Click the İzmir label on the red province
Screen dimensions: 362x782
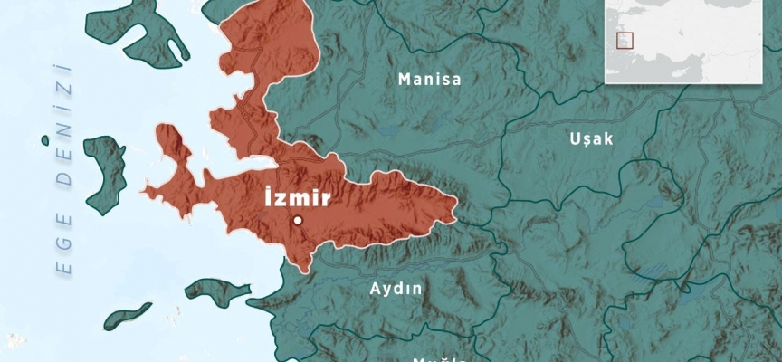click(x=298, y=197)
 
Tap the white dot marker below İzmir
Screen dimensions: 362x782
click(x=297, y=220)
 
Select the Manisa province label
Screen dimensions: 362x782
click(x=429, y=80)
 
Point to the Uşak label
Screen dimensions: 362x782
click(x=592, y=138)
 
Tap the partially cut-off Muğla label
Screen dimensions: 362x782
click(x=438, y=358)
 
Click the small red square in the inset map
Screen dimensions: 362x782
click(x=624, y=40)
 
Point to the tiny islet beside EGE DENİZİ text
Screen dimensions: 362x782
click(x=43, y=139)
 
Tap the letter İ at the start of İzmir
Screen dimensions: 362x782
click(x=267, y=196)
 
